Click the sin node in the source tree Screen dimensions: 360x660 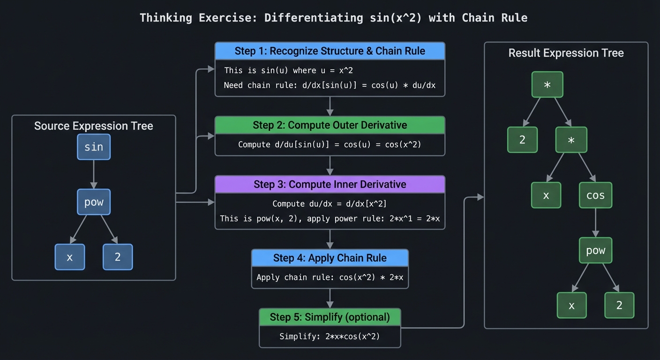point(94,147)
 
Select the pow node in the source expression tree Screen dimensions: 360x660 point(94,202)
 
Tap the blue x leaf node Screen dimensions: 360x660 point(70,257)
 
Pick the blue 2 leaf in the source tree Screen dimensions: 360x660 point(118,257)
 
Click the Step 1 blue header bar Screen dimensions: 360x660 point(330,51)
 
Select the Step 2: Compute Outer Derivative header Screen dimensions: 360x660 point(330,125)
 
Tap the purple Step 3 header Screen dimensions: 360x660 point(330,184)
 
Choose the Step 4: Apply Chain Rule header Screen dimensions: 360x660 point(330,258)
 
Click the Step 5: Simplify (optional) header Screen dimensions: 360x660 point(330,317)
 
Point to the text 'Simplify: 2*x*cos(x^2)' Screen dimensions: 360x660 point(330,336)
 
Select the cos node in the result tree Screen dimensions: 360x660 point(595,195)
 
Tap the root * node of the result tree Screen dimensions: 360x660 point(547,85)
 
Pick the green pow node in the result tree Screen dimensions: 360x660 point(595,250)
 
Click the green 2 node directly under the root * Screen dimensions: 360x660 point(522,140)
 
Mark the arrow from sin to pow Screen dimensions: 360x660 point(94,174)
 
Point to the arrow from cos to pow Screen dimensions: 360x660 point(595,223)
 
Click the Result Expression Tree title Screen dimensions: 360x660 point(566,53)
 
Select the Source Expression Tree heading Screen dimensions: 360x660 point(94,126)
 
